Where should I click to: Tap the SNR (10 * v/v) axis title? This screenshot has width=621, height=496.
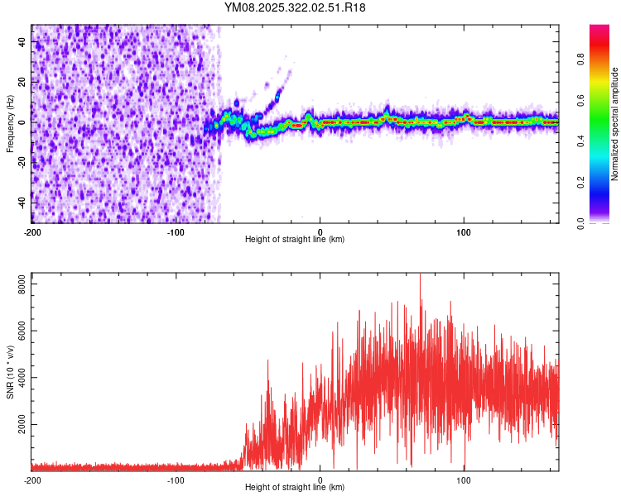tap(10, 371)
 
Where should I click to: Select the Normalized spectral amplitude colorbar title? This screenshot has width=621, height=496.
tap(615, 124)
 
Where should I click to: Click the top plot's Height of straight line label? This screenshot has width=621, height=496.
tap(295, 239)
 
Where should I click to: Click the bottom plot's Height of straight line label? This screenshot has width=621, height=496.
tap(295, 487)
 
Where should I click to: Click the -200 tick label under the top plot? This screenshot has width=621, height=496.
tap(32, 232)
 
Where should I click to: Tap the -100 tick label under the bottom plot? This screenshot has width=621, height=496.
tap(176, 480)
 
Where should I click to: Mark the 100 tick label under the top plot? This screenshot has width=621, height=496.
tap(465, 232)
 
